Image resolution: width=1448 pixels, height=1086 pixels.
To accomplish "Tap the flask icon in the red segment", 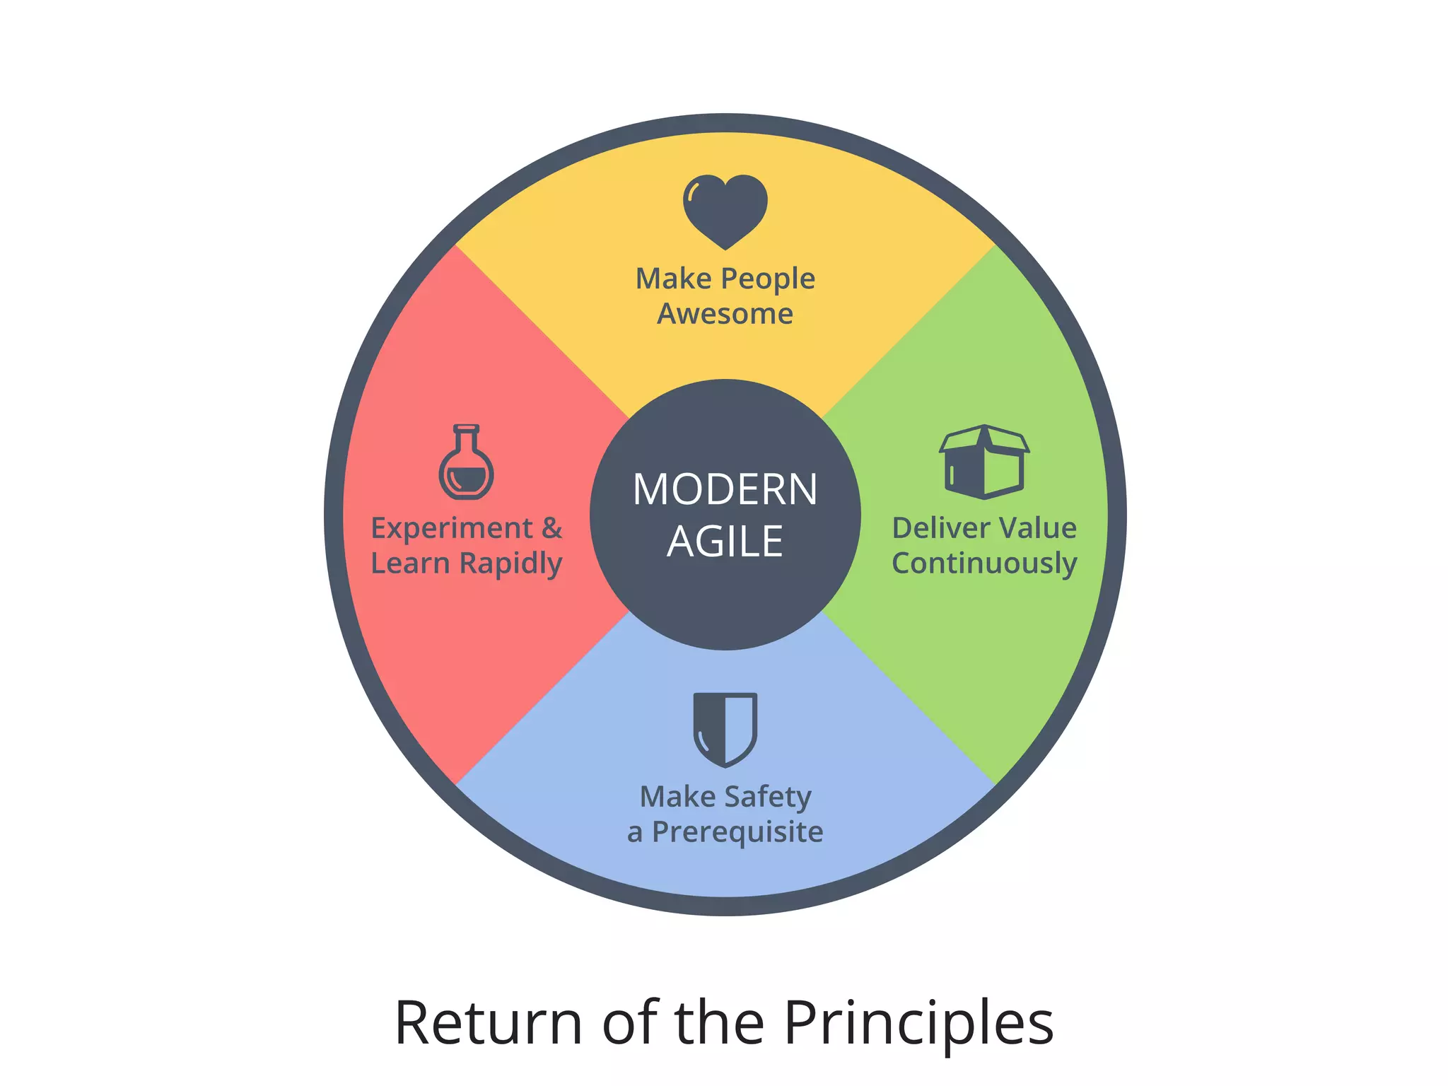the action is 466,463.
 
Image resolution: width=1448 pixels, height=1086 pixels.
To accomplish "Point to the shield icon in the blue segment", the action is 725,728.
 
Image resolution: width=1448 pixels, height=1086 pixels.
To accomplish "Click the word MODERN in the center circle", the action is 725,489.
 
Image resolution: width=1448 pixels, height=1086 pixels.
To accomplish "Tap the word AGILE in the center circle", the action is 725,542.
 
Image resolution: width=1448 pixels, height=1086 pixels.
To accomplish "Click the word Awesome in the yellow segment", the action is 725,313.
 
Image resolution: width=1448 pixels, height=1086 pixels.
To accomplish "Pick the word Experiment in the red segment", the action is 452,529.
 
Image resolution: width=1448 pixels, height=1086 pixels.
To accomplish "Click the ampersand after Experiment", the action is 552,528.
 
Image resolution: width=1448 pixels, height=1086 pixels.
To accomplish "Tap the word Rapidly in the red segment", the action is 510,564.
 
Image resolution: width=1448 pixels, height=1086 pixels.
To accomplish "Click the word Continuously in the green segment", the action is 984,564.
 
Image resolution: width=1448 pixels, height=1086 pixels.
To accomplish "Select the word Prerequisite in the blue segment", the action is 737,833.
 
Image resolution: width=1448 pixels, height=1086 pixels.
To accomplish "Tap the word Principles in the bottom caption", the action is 918,1023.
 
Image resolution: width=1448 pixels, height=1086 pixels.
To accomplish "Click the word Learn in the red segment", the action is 410,564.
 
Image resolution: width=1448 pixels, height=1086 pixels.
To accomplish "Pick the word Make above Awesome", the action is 673,279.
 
